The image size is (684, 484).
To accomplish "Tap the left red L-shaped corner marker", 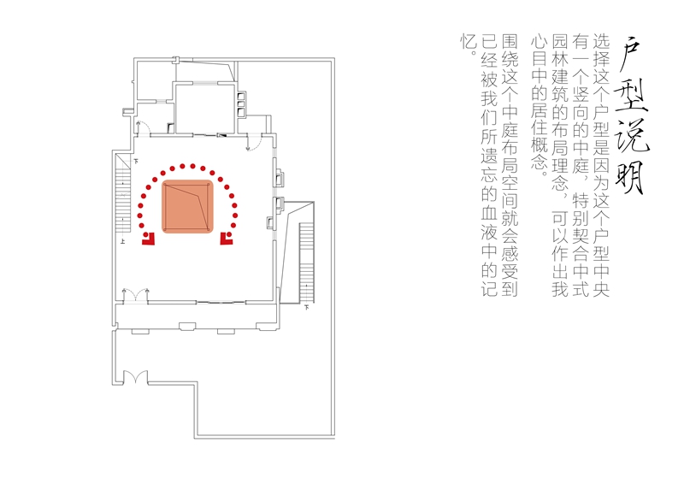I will (148, 239).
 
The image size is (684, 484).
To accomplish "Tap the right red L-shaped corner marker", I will (227, 239).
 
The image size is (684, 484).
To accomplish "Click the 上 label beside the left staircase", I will (123, 243).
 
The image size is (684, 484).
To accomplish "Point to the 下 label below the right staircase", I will (307, 305).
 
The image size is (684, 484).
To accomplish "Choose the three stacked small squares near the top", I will (240, 104).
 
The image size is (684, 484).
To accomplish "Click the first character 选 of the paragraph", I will (601, 39).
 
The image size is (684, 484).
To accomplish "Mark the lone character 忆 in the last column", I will (467, 39).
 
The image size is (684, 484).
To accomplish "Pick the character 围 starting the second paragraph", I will (510, 39).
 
